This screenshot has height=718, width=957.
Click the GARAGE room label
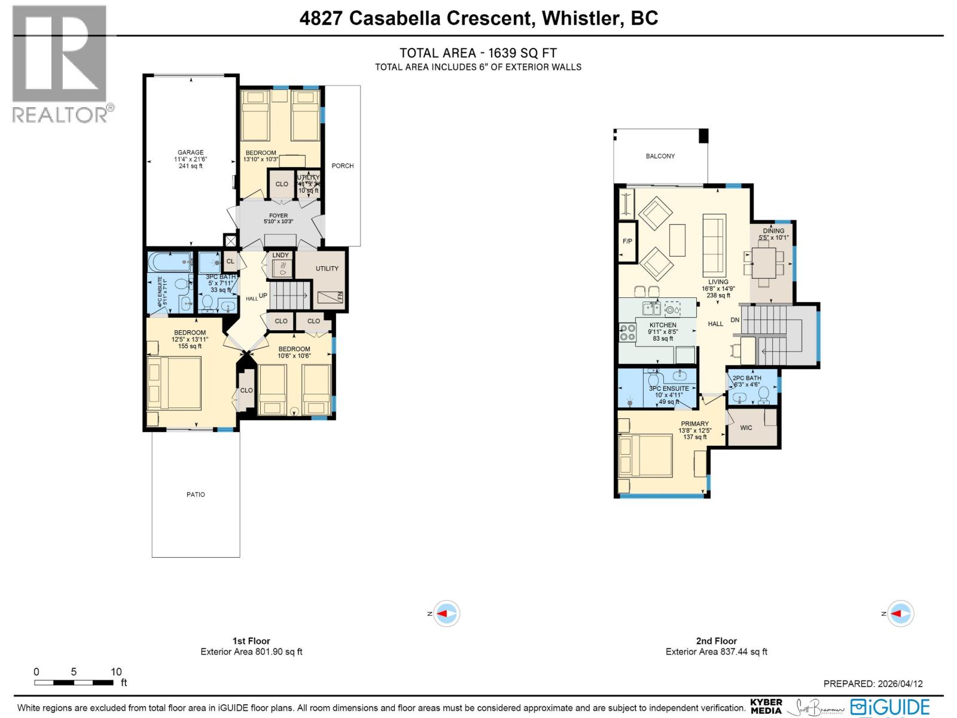190,153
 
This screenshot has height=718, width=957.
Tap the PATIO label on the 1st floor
196,494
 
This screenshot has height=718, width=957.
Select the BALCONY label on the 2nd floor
660,156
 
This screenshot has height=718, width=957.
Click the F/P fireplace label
627,241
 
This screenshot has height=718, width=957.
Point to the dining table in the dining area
763,263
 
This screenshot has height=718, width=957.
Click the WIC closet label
746,428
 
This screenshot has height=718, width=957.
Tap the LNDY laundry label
281,255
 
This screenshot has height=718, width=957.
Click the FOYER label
279,215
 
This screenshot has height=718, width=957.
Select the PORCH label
343,166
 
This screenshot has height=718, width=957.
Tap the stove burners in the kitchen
627,333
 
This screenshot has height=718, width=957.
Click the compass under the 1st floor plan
446,614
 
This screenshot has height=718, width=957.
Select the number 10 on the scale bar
116,672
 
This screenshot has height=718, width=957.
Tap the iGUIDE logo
891,707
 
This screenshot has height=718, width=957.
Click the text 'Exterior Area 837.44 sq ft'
716,652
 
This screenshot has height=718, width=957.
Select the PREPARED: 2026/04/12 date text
873,684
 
